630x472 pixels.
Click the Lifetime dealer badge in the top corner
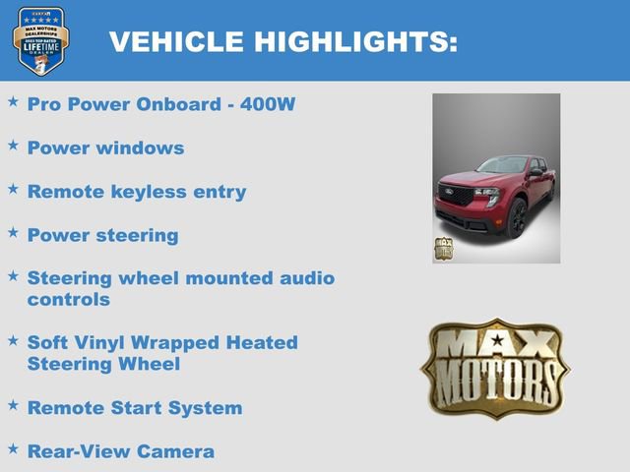[40, 40]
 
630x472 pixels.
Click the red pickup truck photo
[496, 179]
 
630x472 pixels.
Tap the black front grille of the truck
[456, 196]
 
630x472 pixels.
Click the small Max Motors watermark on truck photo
[444, 248]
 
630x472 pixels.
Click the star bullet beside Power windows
[13, 146]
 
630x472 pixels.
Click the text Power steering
[102, 235]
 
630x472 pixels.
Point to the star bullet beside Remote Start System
[13, 405]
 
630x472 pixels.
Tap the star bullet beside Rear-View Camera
[13, 449]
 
